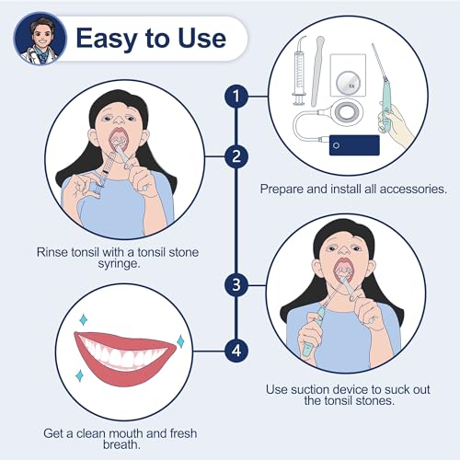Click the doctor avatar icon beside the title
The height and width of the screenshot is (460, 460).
coord(36,38)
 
